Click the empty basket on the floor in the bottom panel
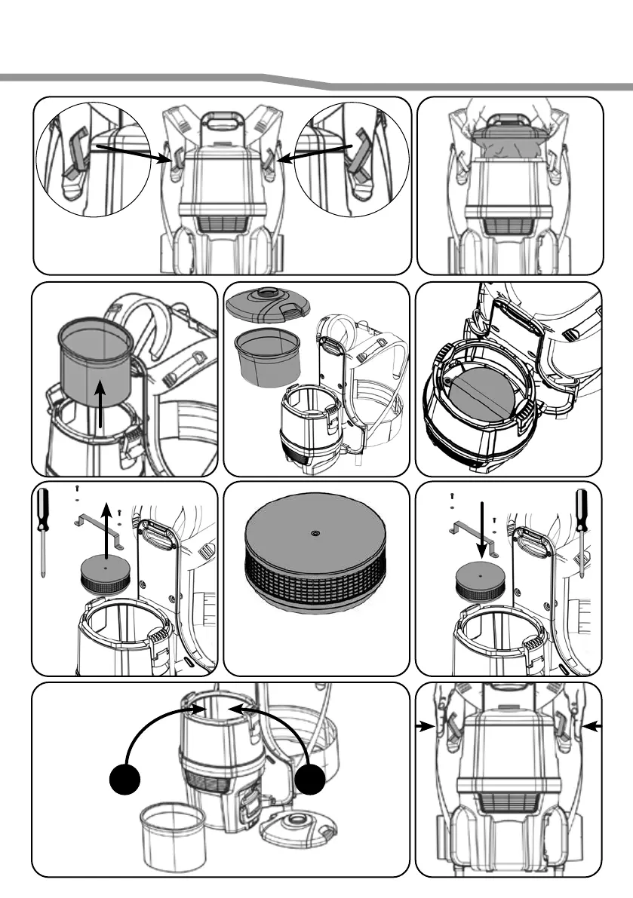pos(173,832)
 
